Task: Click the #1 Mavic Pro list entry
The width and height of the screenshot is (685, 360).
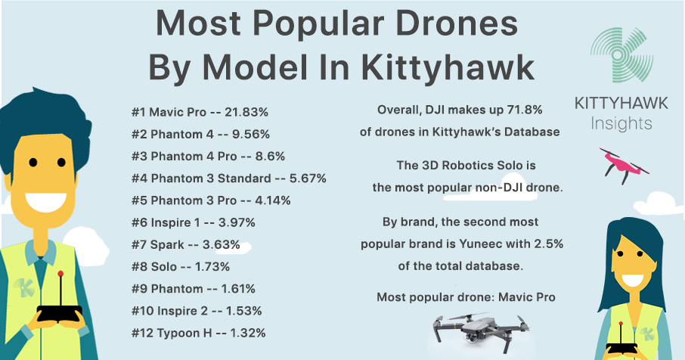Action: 200,112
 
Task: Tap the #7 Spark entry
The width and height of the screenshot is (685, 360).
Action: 185,244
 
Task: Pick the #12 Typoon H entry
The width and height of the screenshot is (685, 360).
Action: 198,333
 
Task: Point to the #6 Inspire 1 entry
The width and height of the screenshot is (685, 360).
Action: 193,222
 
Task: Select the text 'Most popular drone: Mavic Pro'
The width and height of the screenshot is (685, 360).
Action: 466,297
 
